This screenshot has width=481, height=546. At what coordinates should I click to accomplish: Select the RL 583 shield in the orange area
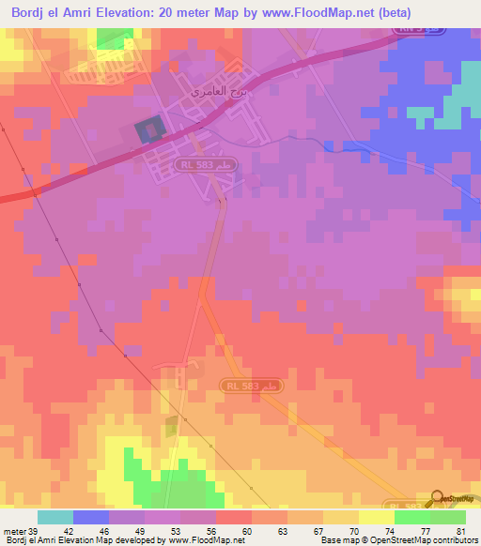(252, 386)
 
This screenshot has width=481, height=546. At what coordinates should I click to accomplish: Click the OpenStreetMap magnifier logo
(437, 498)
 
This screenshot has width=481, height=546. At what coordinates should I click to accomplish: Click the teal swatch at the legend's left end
(55, 517)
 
